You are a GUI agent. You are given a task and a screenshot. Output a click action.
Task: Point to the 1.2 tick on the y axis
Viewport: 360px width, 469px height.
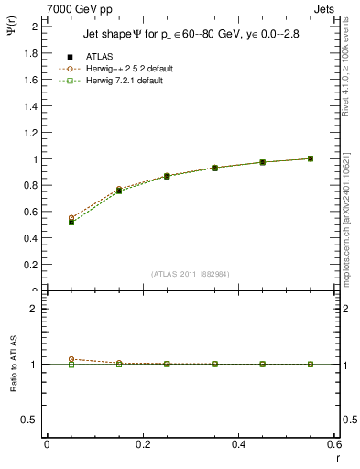click(x=33, y=133)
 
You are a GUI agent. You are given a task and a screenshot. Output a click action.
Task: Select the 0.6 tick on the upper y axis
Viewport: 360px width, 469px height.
click(x=33, y=213)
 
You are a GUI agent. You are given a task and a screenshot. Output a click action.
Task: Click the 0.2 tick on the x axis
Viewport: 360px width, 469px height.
click(x=143, y=444)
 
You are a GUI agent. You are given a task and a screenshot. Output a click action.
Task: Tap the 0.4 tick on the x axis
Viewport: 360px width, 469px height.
click(x=239, y=444)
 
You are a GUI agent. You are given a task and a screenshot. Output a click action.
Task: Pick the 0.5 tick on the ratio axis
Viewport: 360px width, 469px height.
click(x=33, y=420)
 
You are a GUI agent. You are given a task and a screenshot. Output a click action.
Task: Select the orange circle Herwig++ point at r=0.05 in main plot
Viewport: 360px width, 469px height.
click(x=71, y=218)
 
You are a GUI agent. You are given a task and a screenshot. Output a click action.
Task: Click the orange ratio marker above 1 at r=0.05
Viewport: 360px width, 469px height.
click(x=71, y=359)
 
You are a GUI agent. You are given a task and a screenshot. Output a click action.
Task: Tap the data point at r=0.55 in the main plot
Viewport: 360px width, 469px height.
click(x=311, y=158)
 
